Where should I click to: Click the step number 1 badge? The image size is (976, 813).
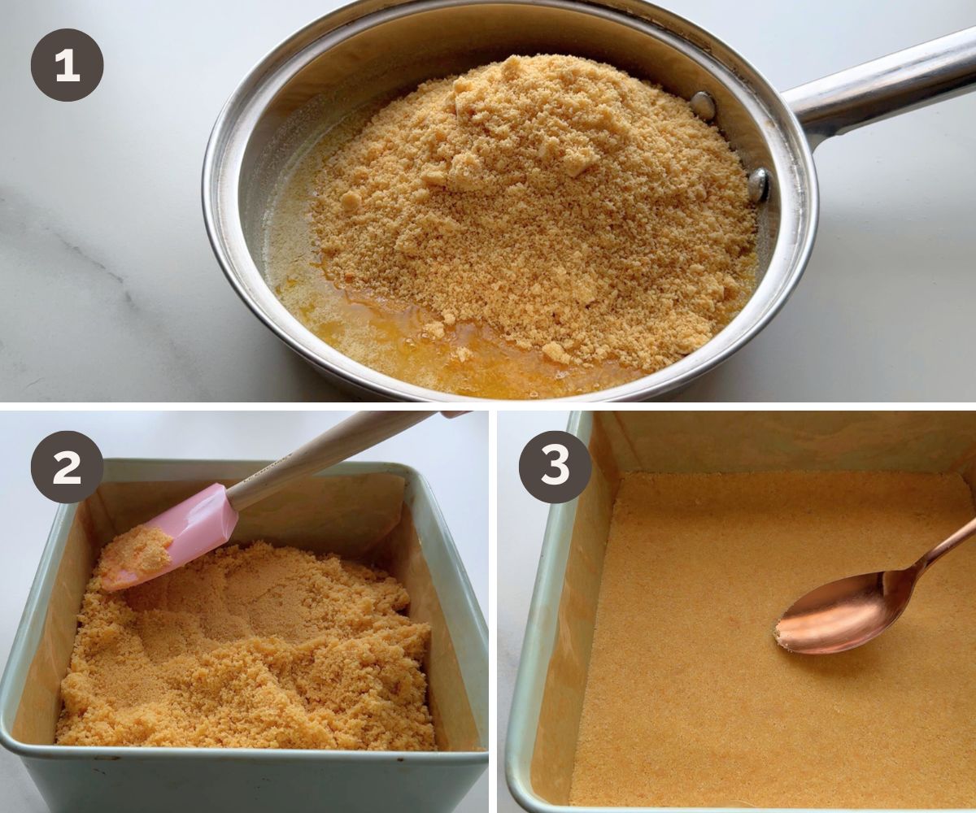[67, 65]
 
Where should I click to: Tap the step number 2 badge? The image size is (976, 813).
[67, 467]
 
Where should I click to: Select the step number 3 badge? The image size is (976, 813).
[556, 467]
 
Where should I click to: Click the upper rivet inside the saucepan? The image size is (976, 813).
[703, 106]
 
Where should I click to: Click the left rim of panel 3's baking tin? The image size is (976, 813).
[538, 607]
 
